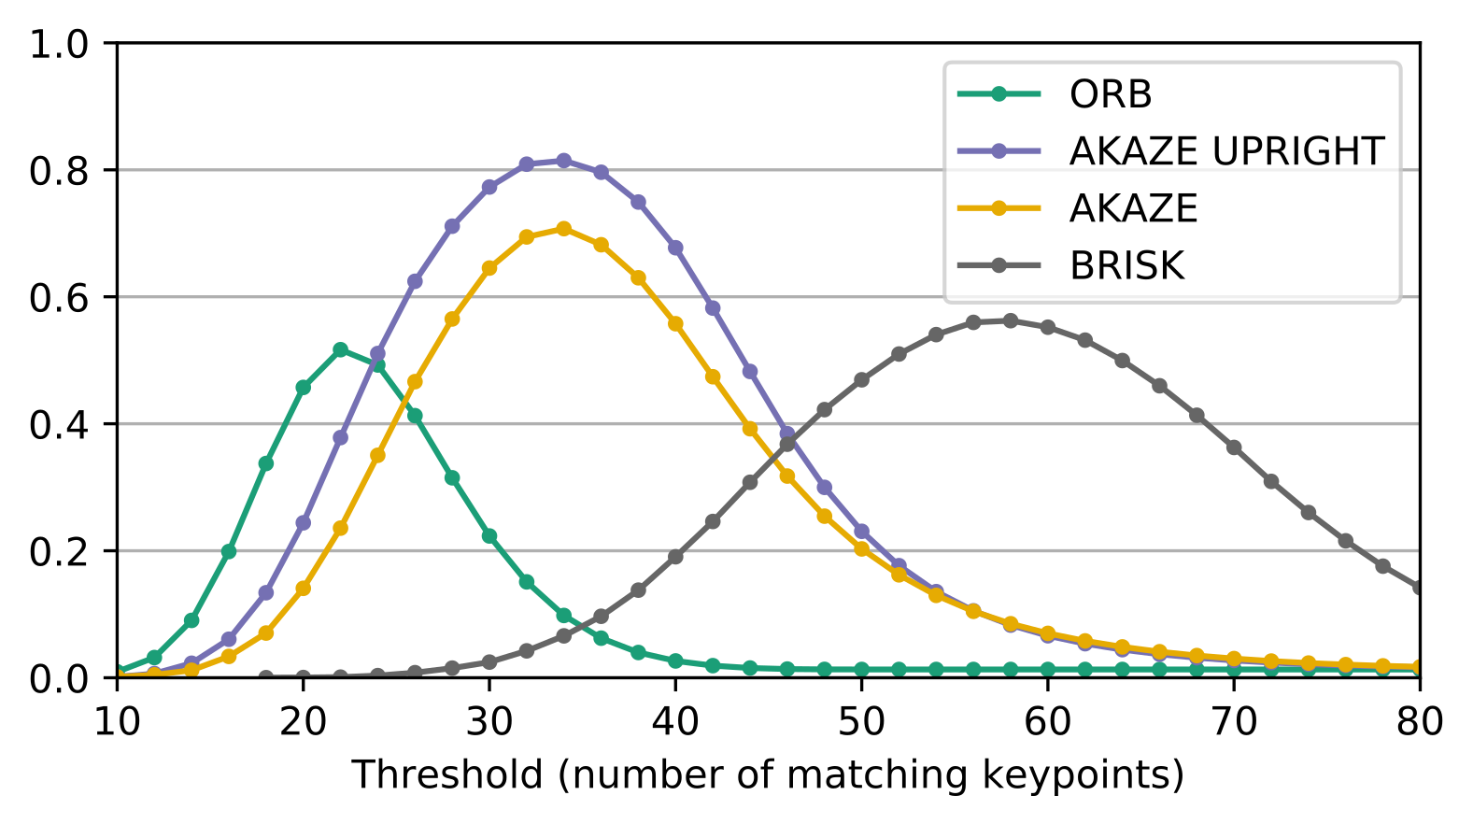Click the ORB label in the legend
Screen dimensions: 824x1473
[x=1110, y=94]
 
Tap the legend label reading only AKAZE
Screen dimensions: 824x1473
[x=1133, y=208]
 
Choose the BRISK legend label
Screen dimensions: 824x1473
[x=1126, y=266]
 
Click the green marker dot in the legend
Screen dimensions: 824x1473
[x=999, y=93]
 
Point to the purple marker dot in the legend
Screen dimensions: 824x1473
[x=999, y=150]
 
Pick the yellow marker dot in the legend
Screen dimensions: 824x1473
[x=999, y=208]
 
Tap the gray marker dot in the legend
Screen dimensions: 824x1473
[x=999, y=265]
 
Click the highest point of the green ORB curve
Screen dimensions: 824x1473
[x=340, y=349]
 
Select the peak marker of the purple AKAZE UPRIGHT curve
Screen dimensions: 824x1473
[x=563, y=161]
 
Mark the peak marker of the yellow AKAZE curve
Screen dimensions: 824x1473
[x=563, y=228]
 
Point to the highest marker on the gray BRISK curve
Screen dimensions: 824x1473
[x=1010, y=320]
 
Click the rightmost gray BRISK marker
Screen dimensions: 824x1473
[x=1418, y=588]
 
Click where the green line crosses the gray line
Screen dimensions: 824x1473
[x=582, y=626]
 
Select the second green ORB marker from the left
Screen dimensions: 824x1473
[x=154, y=658]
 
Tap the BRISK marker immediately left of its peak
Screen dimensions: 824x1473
[x=973, y=322]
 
